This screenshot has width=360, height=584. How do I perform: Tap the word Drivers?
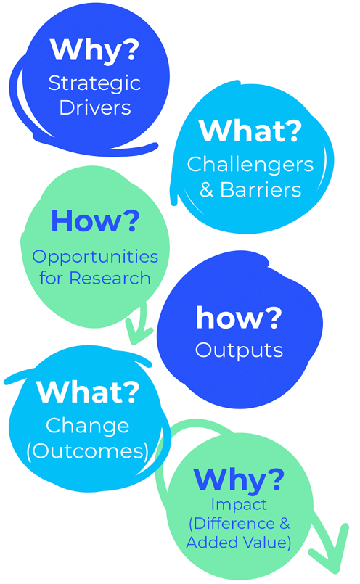[x=95, y=107]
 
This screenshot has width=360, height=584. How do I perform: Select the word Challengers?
[x=250, y=165]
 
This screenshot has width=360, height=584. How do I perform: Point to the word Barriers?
[x=261, y=189]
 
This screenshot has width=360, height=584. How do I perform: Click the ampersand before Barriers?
[x=206, y=189]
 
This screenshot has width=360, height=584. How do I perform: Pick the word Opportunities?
[x=95, y=258]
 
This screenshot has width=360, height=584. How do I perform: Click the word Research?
[x=110, y=279]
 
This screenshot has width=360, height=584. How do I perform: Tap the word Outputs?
[x=239, y=351]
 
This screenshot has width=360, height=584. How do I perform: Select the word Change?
[x=87, y=426]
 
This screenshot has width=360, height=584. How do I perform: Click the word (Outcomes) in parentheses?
[x=88, y=451]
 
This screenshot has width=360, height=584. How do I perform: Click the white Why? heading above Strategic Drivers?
[x=94, y=50]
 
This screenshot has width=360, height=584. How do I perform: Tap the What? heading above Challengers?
[x=250, y=131]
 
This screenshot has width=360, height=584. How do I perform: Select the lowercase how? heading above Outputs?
[x=239, y=317]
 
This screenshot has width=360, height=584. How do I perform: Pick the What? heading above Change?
[x=88, y=392]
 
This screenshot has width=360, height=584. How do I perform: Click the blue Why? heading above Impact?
[x=239, y=480]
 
